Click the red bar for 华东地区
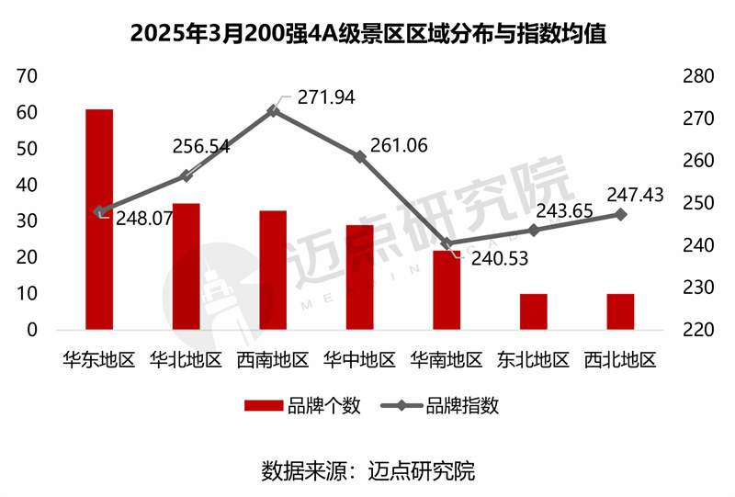coord(99,220)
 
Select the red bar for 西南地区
coord(273,270)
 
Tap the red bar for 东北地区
coord(534,311)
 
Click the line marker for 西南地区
coord(273,110)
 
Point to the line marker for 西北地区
coord(620,214)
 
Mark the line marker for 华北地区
coord(186,175)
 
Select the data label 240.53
coord(495,259)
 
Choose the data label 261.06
coord(400,145)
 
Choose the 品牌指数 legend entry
coord(441,406)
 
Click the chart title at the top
coord(367,34)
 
